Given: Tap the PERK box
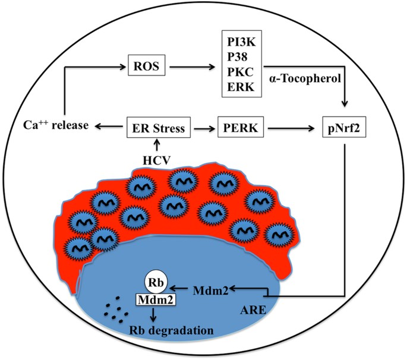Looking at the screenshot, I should (x=242, y=127).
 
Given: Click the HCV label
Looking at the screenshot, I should (x=157, y=160).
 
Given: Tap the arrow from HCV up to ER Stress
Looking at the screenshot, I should (x=157, y=144).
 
